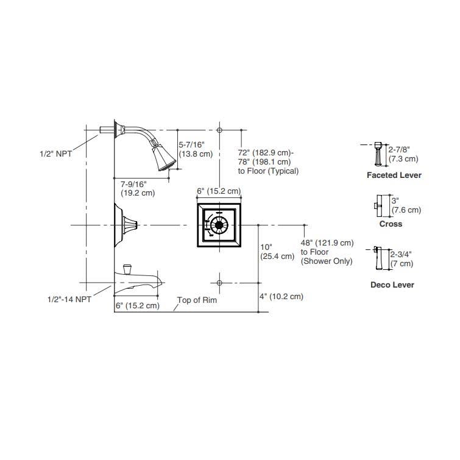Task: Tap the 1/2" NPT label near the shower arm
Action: pos(55,154)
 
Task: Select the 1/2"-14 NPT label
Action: pos(69,299)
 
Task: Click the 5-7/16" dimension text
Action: pos(191,144)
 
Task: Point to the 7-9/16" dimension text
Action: pos(133,184)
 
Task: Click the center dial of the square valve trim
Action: pos(219,225)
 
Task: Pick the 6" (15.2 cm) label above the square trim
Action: pos(219,191)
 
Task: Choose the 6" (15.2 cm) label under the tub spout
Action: pos(137,305)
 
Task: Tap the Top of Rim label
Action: pos(197,300)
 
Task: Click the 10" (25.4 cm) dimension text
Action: pos(277,252)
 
